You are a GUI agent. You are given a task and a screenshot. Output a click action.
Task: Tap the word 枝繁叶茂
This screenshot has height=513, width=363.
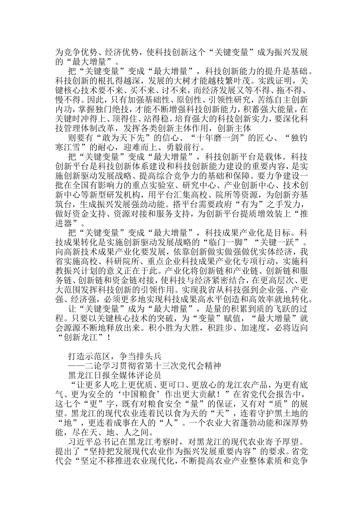tap(228, 81)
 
